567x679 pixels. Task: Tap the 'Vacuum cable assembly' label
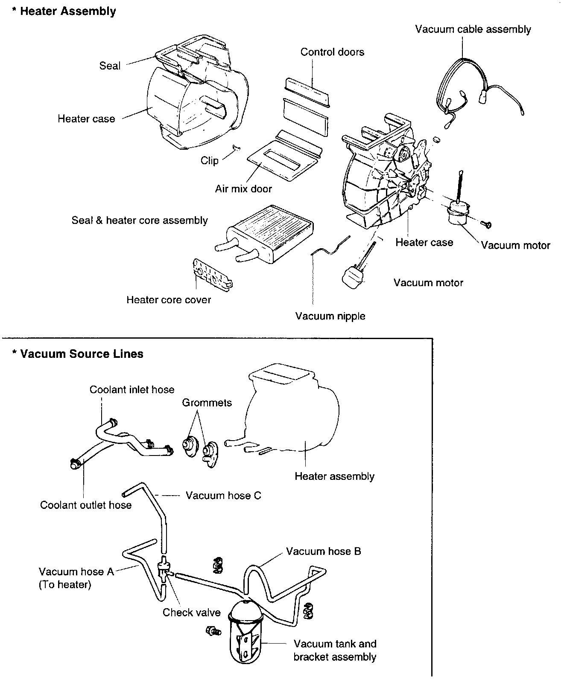(x=473, y=29)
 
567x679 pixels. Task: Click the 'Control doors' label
(x=332, y=52)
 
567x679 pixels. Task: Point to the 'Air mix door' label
(x=243, y=189)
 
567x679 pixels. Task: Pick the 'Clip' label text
(x=209, y=160)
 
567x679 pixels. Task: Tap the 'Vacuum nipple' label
(x=330, y=316)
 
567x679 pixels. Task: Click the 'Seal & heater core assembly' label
(x=140, y=221)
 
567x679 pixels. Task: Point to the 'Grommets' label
(x=207, y=403)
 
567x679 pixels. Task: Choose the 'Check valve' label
(x=191, y=612)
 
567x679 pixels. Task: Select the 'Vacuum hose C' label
(x=223, y=496)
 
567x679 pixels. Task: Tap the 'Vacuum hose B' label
(x=323, y=551)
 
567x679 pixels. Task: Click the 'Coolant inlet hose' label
(x=132, y=389)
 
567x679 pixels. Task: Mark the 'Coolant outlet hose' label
(x=86, y=505)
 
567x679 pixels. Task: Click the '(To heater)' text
(x=65, y=584)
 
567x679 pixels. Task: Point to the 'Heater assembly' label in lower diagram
(x=334, y=476)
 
